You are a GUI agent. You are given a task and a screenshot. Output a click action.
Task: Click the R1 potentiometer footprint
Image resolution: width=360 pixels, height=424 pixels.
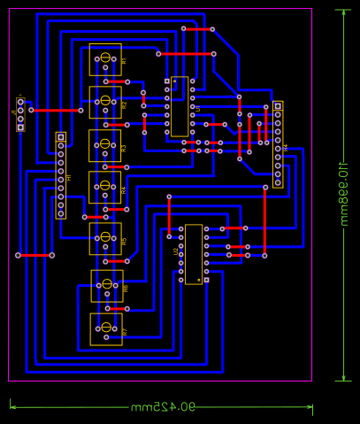tap(105, 60)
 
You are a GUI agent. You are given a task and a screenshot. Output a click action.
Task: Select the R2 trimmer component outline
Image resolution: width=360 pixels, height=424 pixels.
tap(105, 102)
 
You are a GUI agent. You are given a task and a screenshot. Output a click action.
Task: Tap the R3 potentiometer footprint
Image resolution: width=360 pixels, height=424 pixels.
tap(105, 144)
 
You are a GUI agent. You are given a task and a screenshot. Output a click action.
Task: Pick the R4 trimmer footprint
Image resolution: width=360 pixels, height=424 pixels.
tap(105, 187)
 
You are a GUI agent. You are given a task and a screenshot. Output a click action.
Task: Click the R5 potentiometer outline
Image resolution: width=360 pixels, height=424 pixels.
tap(105, 238)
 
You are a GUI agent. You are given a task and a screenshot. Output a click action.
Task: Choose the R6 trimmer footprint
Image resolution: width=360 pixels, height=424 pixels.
tap(106, 285)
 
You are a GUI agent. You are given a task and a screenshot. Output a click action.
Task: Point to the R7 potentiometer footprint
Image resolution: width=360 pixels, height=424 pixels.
tap(106, 328)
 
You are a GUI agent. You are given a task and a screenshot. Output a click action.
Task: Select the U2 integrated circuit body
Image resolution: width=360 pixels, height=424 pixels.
tap(194, 254)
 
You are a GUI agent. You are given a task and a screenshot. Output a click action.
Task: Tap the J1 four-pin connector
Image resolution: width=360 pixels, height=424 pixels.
tap(20, 114)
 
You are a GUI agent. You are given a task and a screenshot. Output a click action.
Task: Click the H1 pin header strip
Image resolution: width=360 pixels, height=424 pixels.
tap(60, 175)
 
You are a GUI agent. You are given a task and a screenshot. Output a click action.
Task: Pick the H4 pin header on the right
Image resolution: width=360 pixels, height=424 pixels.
tap(278, 144)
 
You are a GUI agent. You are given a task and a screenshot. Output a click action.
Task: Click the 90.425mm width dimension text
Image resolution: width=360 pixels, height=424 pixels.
tap(162, 408)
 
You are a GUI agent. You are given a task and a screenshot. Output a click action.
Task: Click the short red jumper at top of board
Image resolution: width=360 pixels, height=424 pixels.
tap(198, 28)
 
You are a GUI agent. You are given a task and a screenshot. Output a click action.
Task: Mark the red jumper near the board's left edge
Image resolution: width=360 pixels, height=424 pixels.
tap(34, 255)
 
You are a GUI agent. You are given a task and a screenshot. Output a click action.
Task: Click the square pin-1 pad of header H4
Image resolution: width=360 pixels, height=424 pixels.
tap(278, 106)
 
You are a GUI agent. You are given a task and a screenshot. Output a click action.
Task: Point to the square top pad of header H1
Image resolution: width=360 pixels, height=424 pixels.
tap(60, 137)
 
